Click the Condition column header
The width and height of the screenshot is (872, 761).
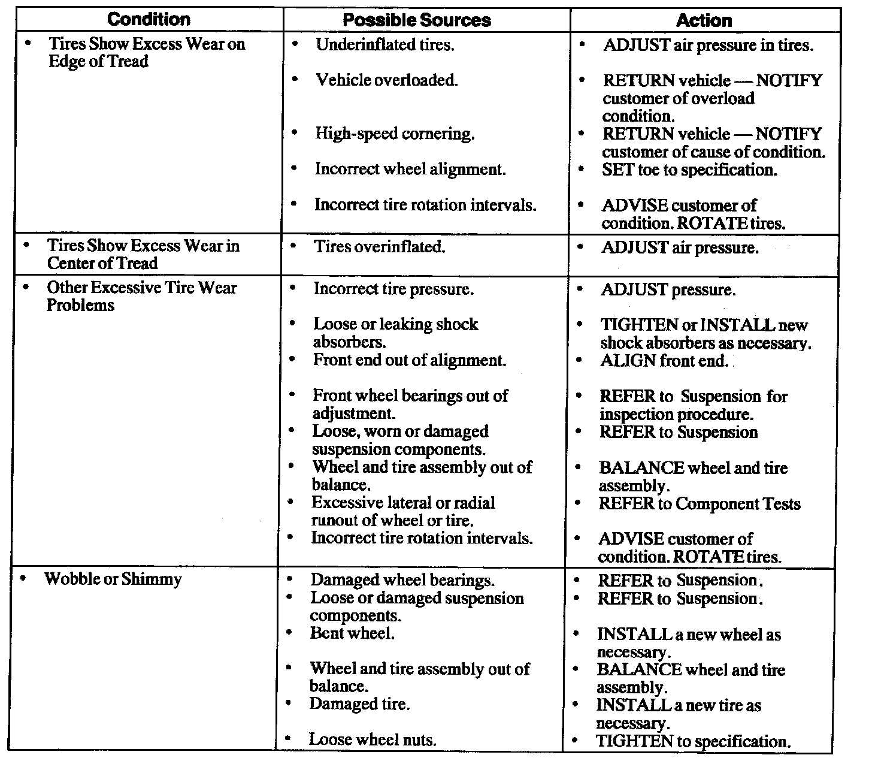pyautogui.click(x=149, y=19)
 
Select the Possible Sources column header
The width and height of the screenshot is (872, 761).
pyautogui.click(x=417, y=20)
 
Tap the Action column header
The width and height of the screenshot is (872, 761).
pyautogui.click(x=704, y=20)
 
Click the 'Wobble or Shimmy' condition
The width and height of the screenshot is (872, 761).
pyautogui.click(x=113, y=579)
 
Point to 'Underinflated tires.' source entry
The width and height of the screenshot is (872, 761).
pyautogui.click(x=384, y=45)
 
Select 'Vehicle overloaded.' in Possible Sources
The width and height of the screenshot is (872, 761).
pyautogui.click(x=386, y=80)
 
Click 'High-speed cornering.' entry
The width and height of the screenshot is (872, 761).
pyautogui.click(x=395, y=134)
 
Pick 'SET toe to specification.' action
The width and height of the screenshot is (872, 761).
pyautogui.click(x=689, y=170)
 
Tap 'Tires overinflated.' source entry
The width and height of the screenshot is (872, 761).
pyautogui.click(x=380, y=247)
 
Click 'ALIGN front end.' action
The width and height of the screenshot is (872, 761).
pyautogui.click(x=664, y=361)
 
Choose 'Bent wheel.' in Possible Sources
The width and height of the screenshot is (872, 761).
pyautogui.click(x=352, y=633)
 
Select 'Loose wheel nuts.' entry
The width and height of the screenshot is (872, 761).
pyautogui.click(x=373, y=740)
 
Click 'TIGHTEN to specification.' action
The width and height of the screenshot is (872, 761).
pyautogui.click(x=694, y=741)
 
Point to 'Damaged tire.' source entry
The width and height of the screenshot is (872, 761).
pyautogui.click(x=359, y=704)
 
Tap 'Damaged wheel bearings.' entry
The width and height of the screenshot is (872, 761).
pyautogui.click(x=402, y=580)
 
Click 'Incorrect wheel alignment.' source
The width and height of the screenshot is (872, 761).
pyautogui.click(x=410, y=170)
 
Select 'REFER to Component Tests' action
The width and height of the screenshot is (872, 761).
pyautogui.click(x=700, y=504)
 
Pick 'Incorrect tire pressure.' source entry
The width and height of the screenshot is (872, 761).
pyautogui.click(x=393, y=289)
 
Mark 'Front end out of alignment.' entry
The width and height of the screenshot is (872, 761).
pyautogui.click(x=410, y=361)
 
